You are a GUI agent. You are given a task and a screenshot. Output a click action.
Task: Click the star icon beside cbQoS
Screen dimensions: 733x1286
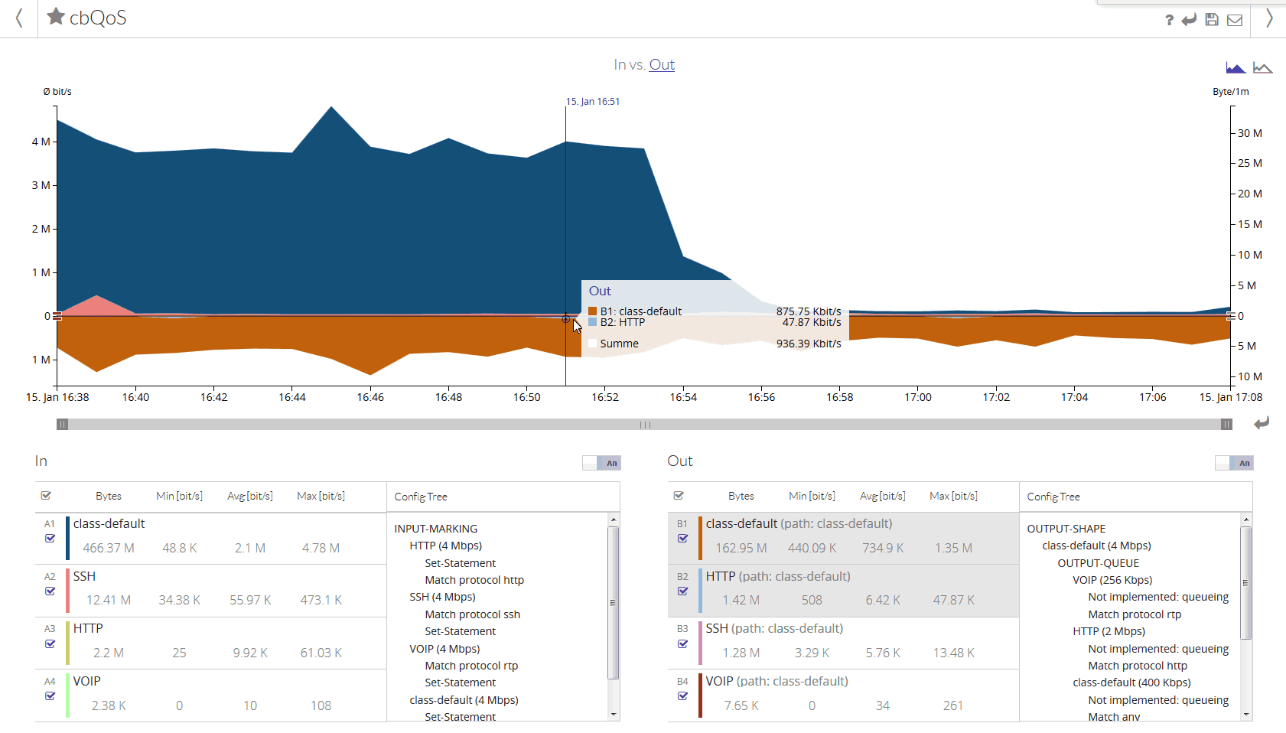pos(56,16)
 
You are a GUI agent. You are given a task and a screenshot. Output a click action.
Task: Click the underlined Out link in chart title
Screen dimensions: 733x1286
pos(662,65)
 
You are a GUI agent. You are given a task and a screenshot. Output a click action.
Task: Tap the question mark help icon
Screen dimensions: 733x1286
pos(1169,20)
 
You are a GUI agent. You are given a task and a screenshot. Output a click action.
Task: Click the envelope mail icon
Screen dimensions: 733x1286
pos(1235,20)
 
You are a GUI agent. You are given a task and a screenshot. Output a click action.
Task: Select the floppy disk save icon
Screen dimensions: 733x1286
pos(1212,20)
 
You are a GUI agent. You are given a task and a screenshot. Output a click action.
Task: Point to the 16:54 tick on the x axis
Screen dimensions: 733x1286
pos(683,397)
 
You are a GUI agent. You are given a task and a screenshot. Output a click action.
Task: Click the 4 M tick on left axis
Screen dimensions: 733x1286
pos(41,142)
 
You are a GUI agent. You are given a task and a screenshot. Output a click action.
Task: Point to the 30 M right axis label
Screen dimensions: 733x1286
pos(1250,133)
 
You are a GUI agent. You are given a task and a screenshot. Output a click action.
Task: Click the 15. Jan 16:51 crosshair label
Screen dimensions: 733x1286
pos(593,102)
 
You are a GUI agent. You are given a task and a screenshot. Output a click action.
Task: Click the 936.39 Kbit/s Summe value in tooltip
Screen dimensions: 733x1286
pos(809,344)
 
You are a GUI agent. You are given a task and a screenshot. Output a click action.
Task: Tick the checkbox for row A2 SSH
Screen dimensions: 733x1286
pos(50,591)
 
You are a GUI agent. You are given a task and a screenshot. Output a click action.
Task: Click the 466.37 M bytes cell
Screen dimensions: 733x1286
pos(109,548)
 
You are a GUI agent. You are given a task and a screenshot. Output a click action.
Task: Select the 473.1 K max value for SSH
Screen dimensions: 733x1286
pos(321,600)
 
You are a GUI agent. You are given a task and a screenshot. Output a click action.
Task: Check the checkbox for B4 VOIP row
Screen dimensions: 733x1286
pos(683,696)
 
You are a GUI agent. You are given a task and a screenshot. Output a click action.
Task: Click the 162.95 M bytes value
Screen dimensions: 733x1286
pos(741,548)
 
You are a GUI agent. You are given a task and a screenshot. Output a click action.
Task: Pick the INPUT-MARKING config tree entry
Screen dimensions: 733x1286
pos(436,529)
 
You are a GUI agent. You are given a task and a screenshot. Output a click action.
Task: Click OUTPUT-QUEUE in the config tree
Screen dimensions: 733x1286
pos(1098,563)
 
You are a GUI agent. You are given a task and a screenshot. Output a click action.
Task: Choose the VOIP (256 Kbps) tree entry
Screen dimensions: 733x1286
pos(1112,580)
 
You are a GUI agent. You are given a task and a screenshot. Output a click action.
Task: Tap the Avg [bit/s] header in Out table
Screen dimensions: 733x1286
pos(883,496)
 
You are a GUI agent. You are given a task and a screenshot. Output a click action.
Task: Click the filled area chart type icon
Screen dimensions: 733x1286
pos(1236,68)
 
